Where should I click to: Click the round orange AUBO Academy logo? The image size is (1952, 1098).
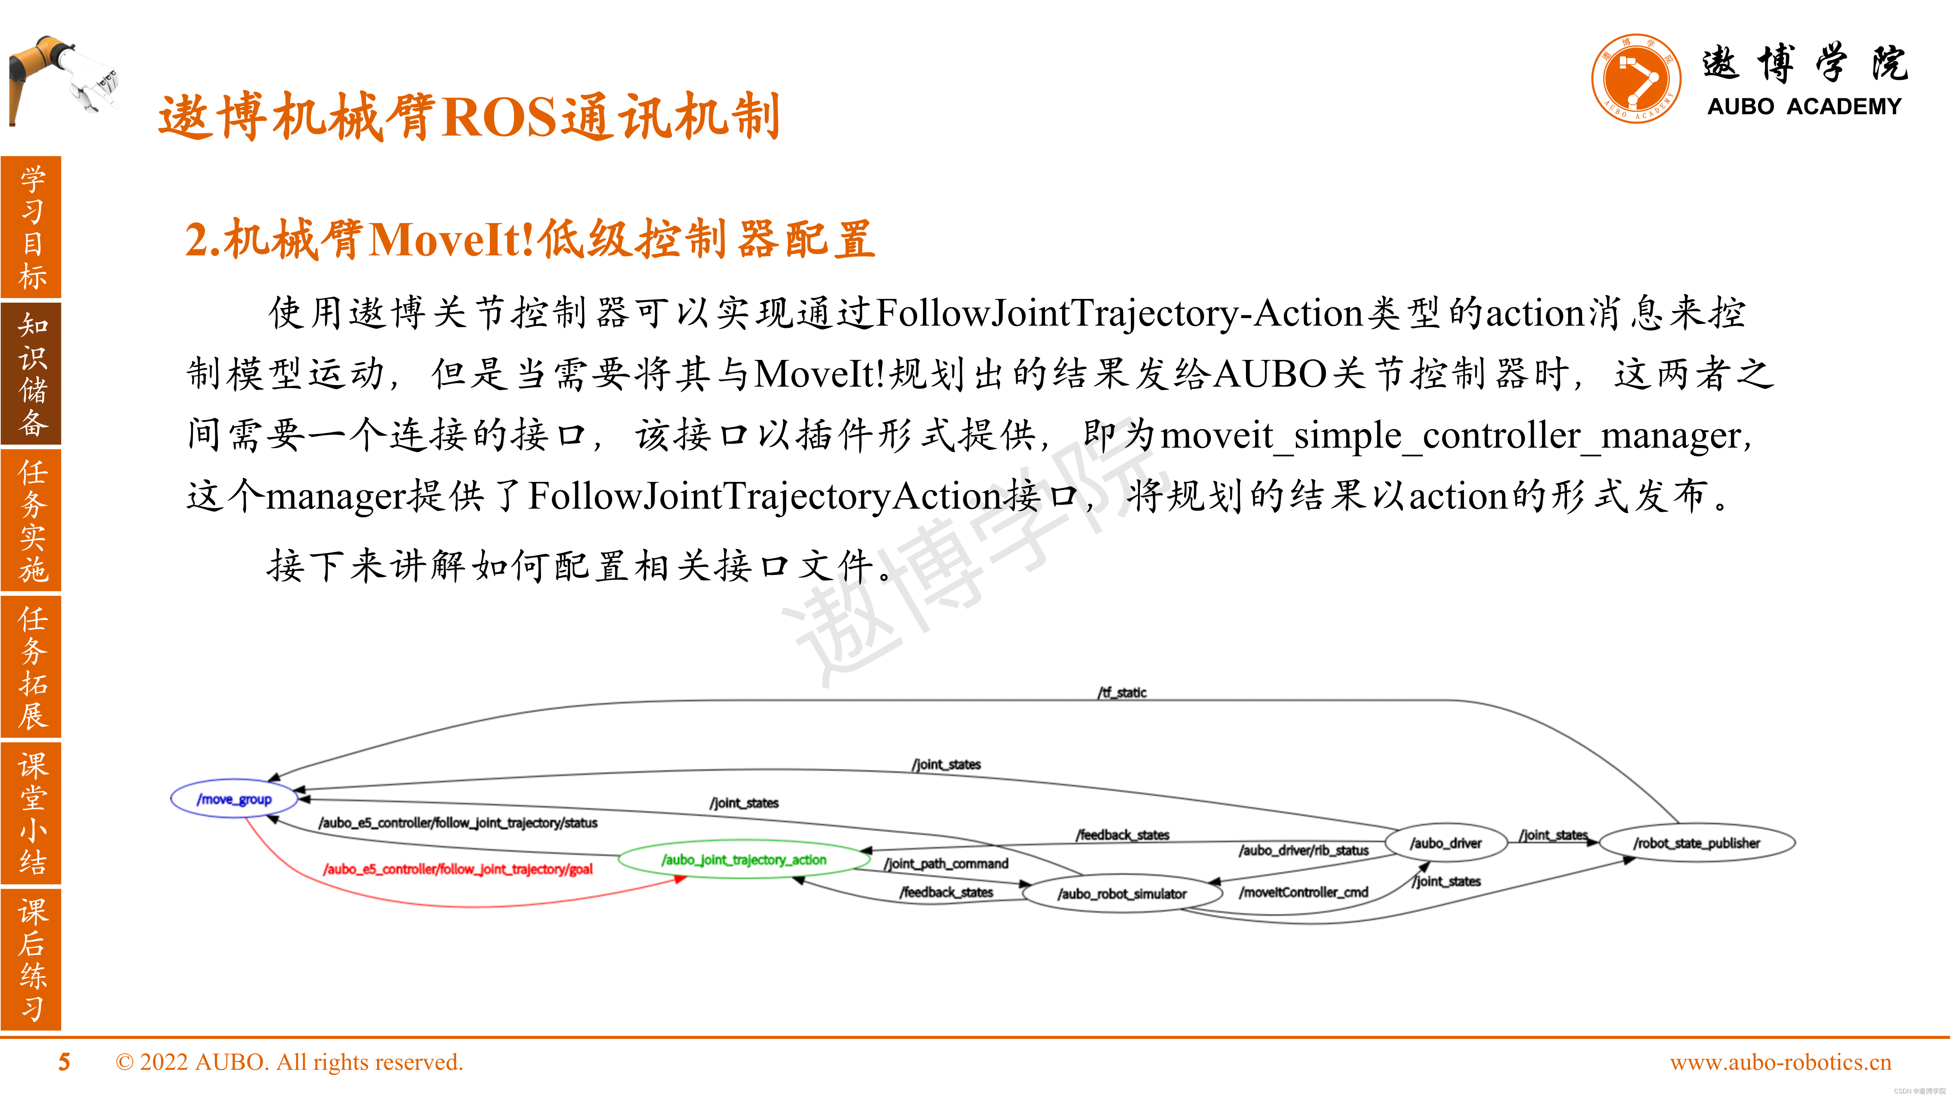point(1636,78)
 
